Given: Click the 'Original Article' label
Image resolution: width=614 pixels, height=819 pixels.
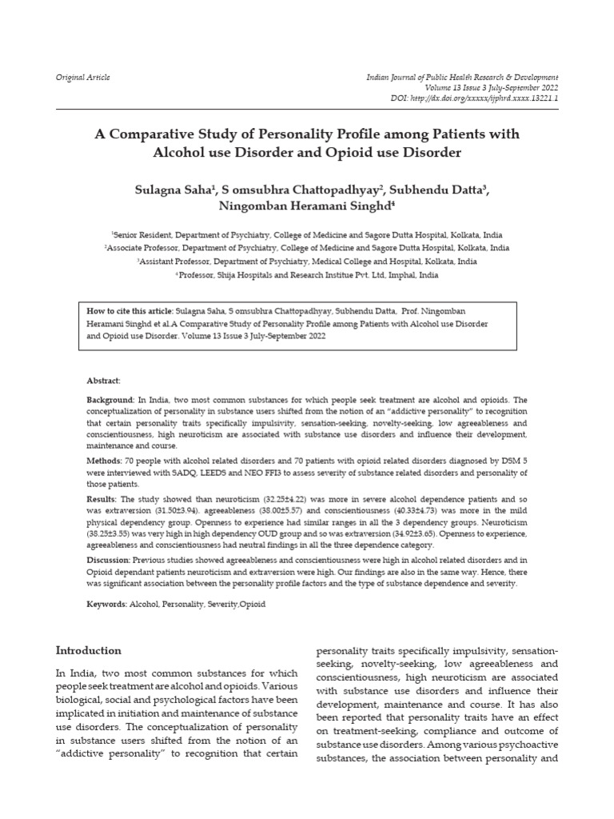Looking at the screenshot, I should coord(82,78).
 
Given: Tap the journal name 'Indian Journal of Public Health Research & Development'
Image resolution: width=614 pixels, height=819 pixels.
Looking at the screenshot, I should coord(462,78).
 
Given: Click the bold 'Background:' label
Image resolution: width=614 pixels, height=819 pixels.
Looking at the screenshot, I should coord(111,398).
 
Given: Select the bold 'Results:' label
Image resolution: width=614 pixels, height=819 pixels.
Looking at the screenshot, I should coord(102,498).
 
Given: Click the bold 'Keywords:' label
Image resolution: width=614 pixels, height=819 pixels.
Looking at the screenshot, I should coord(107,604).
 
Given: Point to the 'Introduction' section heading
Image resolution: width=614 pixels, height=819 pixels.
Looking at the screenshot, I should coord(88,650).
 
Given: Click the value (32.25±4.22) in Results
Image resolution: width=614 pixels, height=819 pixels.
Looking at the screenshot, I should coord(285,498).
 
